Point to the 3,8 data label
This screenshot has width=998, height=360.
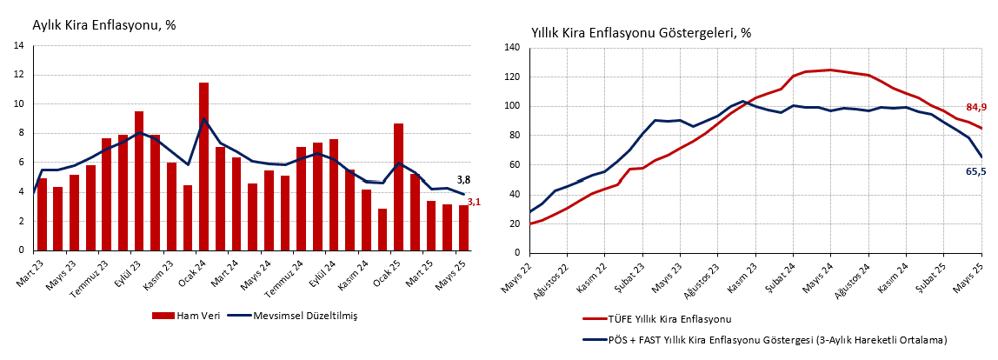coord(463,180)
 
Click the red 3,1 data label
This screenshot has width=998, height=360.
coord(474,202)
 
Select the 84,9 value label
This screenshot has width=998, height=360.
coord(975,108)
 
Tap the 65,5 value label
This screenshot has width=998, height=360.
coord(975,171)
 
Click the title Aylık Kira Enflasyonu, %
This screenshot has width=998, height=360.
coord(104,25)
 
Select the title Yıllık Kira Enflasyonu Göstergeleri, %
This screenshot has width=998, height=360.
coord(641,33)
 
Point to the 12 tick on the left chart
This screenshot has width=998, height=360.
coord(18,75)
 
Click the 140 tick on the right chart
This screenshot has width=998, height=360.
coord(511,48)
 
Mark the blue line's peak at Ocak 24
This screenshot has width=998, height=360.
coord(203,119)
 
